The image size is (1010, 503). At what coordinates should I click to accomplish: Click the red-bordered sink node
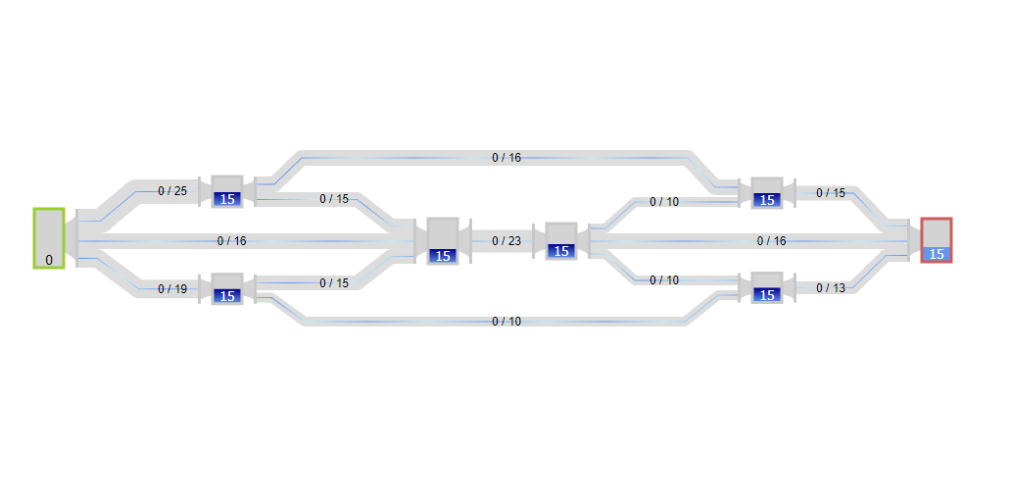point(936,240)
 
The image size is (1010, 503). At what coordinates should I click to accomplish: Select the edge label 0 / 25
point(172,191)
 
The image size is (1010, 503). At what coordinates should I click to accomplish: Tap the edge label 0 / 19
point(172,289)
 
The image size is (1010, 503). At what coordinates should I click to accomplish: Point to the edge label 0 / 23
point(506,240)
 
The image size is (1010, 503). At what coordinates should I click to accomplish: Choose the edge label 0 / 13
point(830,288)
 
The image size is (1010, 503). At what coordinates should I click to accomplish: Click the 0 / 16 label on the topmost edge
point(506,158)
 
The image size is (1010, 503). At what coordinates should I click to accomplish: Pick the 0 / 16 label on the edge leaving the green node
point(232,241)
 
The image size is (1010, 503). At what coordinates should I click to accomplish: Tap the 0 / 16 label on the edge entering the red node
point(771,241)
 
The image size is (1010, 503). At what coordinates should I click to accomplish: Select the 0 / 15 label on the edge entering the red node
point(830,193)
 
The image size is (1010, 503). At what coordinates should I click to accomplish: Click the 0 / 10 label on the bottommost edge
point(506,322)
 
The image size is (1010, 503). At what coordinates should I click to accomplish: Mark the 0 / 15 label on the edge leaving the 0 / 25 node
point(334,199)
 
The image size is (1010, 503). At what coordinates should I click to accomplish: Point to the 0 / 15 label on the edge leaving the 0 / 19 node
point(334,283)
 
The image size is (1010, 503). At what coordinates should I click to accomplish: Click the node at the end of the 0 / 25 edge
point(227,192)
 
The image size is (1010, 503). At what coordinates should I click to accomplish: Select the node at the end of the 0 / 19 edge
point(227,289)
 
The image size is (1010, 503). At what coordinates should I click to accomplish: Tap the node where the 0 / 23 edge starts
point(443,240)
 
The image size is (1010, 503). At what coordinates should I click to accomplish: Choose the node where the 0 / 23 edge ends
point(561,241)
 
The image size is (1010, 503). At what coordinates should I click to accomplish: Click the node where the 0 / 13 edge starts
point(767,288)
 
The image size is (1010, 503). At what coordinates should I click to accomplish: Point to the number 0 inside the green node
point(49,261)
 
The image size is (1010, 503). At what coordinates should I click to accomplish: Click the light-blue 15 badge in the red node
point(937,254)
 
